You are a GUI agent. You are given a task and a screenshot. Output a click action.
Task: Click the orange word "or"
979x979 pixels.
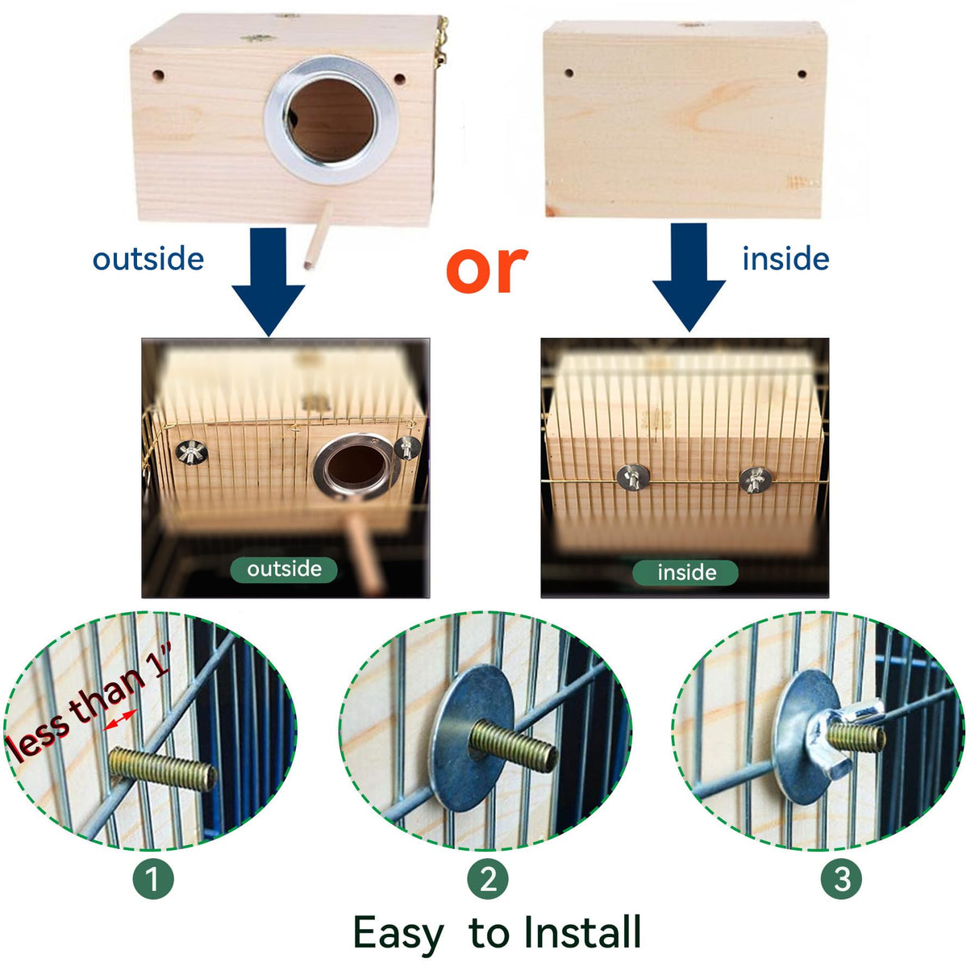coord(486,269)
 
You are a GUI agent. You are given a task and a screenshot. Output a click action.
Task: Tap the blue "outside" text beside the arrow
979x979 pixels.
coord(148,259)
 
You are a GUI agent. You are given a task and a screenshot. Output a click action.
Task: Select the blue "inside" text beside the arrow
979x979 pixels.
coord(785,259)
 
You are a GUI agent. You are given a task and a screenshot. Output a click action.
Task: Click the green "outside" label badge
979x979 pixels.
coord(284,569)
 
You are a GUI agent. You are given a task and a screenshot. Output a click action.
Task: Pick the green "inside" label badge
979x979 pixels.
coord(686,573)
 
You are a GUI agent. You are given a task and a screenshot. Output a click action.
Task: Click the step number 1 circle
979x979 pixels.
coord(153,879)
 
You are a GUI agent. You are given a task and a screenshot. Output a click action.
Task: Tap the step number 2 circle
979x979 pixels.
coord(488,879)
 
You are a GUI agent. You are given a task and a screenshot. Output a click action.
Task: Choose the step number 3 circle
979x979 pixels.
coord(841,879)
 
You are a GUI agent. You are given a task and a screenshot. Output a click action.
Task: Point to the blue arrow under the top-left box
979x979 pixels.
coord(269,282)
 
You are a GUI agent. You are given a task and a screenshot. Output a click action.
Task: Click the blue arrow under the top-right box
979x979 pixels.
coord(689,278)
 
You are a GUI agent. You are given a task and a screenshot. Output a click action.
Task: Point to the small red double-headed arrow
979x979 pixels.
coord(120,720)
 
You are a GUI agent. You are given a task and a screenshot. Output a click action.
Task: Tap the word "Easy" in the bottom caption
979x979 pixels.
coord(398,935)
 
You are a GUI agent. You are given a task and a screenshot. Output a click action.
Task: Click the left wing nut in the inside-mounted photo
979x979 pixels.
coord(631,477)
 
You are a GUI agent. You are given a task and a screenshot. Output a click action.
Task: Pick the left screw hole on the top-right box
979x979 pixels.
coord(569,73)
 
